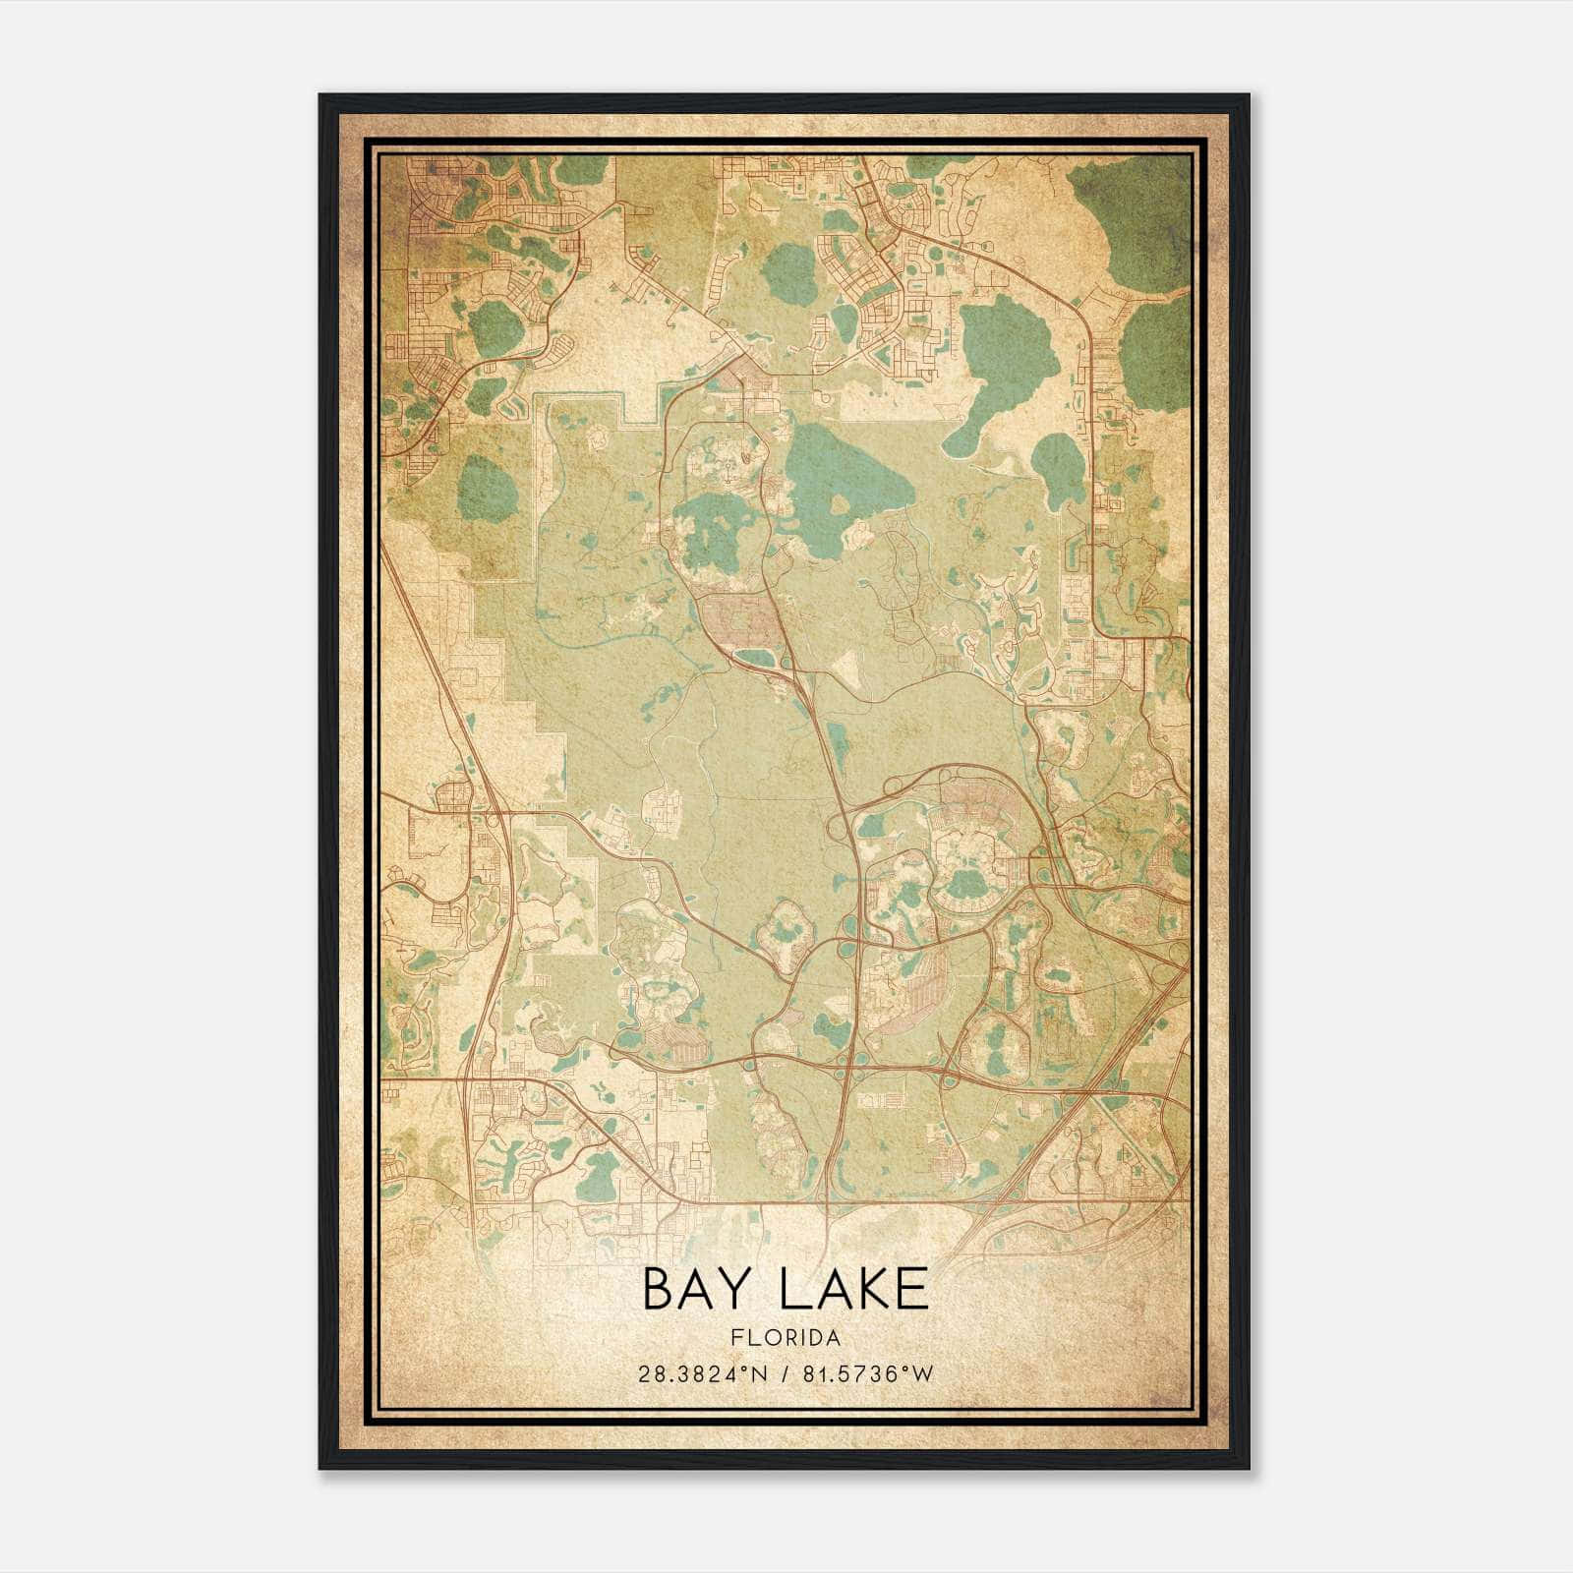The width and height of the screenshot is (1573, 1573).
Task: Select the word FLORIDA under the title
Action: (785, 1338)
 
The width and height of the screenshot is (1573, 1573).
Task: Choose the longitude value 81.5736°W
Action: (867, 1374)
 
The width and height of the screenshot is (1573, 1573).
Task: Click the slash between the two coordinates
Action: (784, 1374)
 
